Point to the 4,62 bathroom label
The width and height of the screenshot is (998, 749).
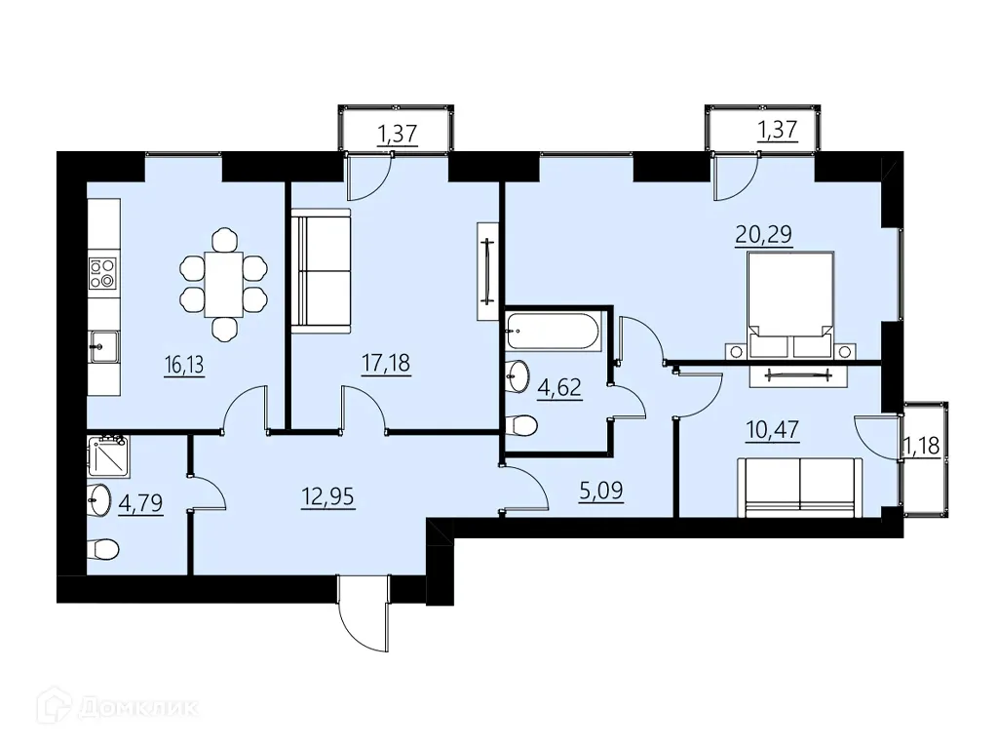pos(560,387)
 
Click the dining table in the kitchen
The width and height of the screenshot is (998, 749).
pos(224,283)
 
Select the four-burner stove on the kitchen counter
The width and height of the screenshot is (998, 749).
pos(103,272)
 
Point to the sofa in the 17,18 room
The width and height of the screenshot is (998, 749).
pos(321,271)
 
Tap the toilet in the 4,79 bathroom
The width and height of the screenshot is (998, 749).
pos(103,550)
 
